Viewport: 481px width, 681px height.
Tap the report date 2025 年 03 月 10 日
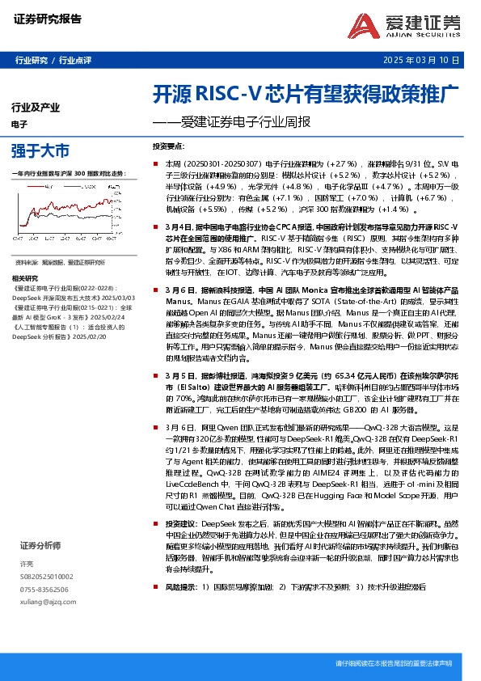coord(424,61)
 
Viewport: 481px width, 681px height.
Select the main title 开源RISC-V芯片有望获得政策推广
coord(306,93)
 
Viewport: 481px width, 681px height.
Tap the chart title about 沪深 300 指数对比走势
coord(70,174)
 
